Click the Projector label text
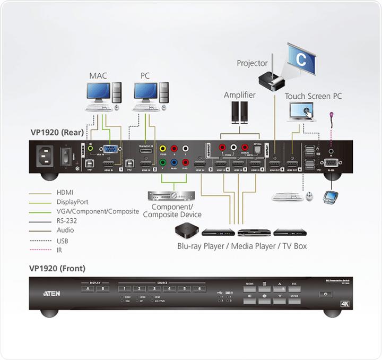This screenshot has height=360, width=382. coord(252,63)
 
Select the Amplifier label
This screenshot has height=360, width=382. coord(239,95)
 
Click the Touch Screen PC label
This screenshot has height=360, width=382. coord(314,96)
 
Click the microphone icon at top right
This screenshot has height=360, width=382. coord(332,115)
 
